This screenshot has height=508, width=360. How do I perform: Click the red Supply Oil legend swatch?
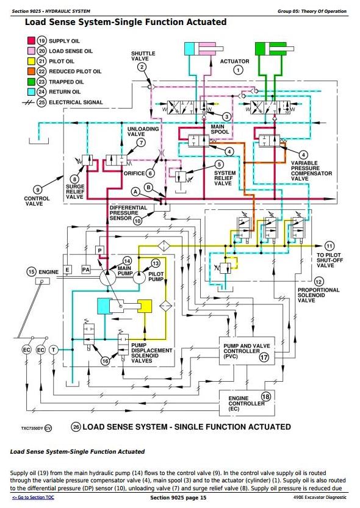pyautogui.click(x=31, y=41)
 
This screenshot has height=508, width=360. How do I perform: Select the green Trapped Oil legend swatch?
pyautogui.click(x=31, y=82)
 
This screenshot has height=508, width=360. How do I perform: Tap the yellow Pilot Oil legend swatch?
pyautogui.click(x=31, y=61)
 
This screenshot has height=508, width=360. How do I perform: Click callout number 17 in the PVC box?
pyautogui.click(x=264, y=357)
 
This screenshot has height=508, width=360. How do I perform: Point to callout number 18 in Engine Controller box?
pyautogui.click(x=265, y=396)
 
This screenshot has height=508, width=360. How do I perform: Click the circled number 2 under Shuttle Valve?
pyautogui.click(x=142, y=67)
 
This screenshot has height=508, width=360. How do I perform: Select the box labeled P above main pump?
pyautogui.click(x=100, y=251)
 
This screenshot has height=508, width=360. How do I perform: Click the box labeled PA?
pyautogui.click(x=86, y=269)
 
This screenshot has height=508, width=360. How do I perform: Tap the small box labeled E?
pyautogui.click(x=67, y=270)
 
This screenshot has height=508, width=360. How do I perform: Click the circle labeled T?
pyautogui.click(x=54, y=350)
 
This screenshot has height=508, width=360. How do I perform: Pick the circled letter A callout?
pyautogui.click(x=135, y=191)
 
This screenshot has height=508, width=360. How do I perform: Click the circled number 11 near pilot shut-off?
pyautogui.click(x=329, y=246)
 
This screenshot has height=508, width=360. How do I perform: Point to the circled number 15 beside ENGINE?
pyautogui.click(x=31, y=271)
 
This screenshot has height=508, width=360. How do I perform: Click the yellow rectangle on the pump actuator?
pyautogui.click(x=145, y=306)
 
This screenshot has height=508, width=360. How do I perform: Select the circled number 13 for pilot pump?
pyautogui.click(x=156, y=263)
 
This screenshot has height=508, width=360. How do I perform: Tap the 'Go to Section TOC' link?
pyautogui.click(x=33, y=497)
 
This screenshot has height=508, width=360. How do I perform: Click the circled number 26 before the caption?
pyautogui.click(x=76, y=427)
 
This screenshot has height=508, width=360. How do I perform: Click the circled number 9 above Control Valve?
pyautogui.click(x=38, y=190)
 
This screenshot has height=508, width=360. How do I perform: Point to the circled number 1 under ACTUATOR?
pyautogui.click(x=238, y=70)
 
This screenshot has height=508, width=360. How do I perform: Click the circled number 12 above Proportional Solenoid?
pyautogui.click(x=319, y=282)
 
